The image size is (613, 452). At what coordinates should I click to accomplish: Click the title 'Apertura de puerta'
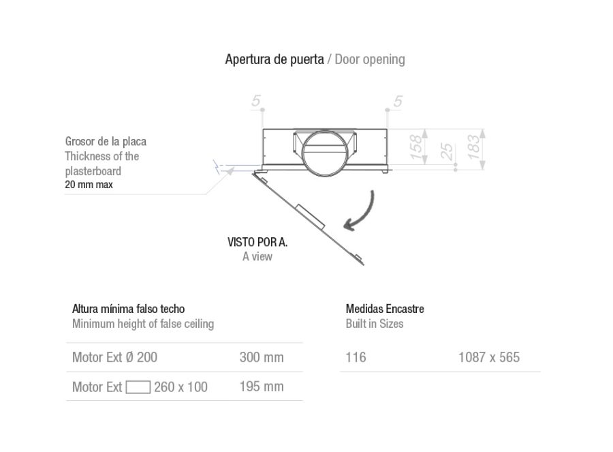coord(274,59)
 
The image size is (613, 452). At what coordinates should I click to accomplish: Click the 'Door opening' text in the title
coord(370,59)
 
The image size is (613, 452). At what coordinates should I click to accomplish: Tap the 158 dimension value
coord(416,147)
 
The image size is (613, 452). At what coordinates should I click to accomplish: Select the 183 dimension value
coord(473,147)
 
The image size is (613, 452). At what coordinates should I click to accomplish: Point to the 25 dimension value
coord(446,151)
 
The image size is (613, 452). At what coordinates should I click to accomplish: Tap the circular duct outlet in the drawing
coord(324,153)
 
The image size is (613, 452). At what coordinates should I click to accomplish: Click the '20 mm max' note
coord(89,185)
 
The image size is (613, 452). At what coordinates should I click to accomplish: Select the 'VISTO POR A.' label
coord(257,242)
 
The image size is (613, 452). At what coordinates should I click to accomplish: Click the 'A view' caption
coord(257,256)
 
